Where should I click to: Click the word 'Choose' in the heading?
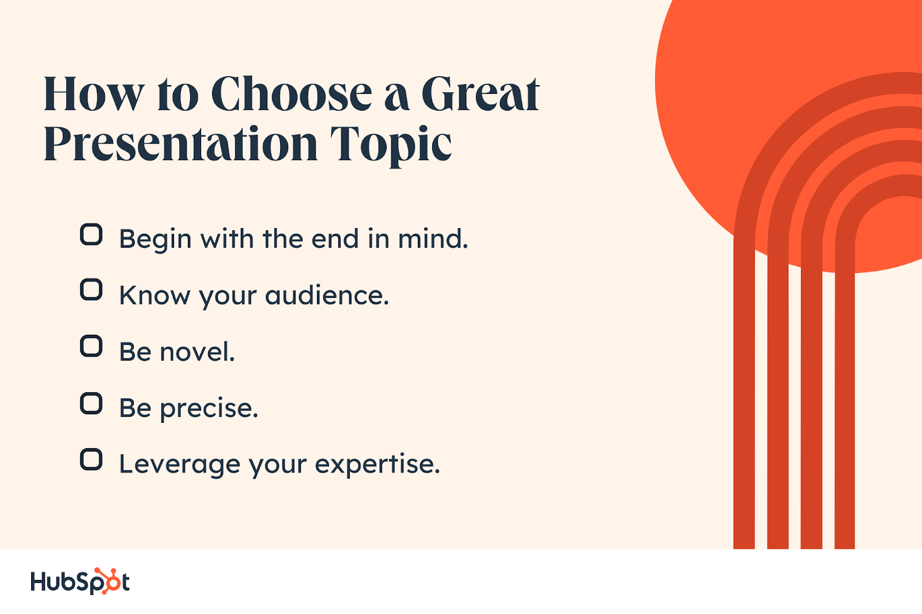click(292, 93)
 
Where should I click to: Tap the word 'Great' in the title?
click(481, 93)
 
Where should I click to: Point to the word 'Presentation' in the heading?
click(181, 143)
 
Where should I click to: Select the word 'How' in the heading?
click(95, 94)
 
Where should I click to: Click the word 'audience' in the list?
click(327, 295)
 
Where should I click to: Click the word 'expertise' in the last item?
click(377, 465)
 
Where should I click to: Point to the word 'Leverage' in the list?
click(179, 465)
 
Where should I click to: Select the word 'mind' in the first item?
click(433, 238)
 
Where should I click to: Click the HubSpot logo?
click(80, 582)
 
